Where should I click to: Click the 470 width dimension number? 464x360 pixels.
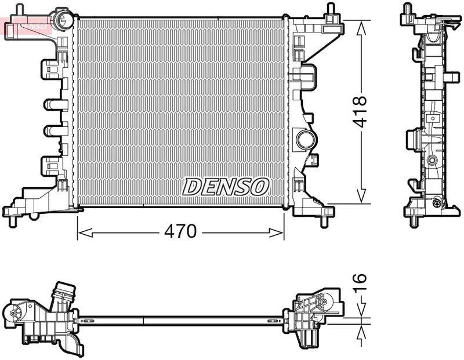coord(180,232)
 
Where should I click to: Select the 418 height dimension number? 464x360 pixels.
coord(361,111)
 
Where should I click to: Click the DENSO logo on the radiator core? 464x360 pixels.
coord(226,187)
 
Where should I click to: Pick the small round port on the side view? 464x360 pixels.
coord(432,160)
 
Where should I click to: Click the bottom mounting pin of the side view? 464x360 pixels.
coord(413,219)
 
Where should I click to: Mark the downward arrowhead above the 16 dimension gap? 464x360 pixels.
coord(361,312)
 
